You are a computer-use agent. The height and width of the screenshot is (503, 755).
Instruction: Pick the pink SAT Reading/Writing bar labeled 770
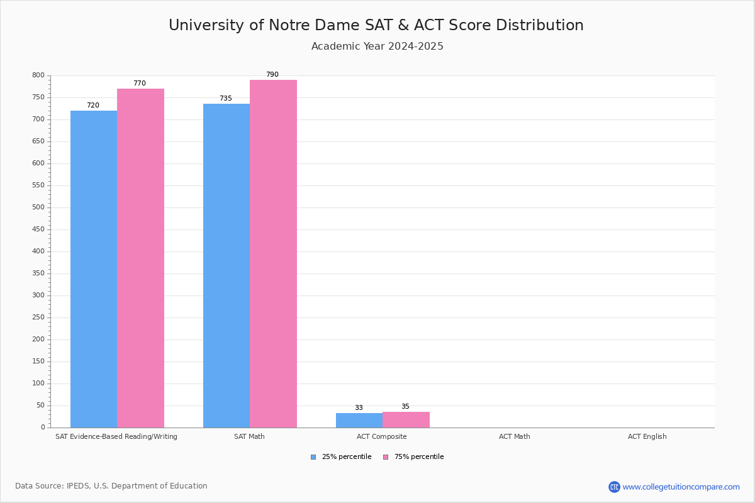pyautogui.click(x=140, y=258)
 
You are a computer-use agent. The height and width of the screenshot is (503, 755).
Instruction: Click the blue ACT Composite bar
pyautogui.click(x=359, y=420)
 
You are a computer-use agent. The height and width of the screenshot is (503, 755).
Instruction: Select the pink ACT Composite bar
pyautogui.click(x=406, y=419)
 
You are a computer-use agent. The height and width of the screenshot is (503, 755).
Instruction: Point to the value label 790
pyautogui.click(x=272, y=75)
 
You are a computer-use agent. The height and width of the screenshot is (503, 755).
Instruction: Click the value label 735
pyautogui.click(x=225, y=99)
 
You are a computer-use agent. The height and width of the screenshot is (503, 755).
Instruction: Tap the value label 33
pyautogui.click(x=359, y=408)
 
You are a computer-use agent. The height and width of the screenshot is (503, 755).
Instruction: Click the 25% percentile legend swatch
pyautogui.click(x=313, y=457)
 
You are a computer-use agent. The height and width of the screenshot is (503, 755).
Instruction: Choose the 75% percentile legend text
pyautogui.click(x=419, y=457)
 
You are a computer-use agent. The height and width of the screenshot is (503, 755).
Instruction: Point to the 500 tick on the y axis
pyautogui.click(x=38, y=207)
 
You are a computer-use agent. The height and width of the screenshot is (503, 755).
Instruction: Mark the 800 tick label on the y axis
pyautogui.click(x=38, y=75)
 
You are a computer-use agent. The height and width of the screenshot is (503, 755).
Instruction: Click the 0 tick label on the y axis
pyautogui.click(x=43, y=428)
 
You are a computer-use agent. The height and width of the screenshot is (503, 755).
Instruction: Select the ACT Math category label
pyautogui.click(x=514, y=436)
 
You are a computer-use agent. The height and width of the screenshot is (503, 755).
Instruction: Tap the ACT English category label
pyautogui.click(x=647, y=436)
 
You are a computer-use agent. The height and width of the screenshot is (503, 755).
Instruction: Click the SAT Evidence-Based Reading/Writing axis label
pyautogui.click(x=116, y=436)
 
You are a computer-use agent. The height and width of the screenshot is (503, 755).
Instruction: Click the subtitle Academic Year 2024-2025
pyautogui.click(x=377, y=47)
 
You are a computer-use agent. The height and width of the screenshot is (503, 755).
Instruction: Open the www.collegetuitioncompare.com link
pyautogui.click(x=681, y=487)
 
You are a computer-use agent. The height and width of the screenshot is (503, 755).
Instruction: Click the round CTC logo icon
pyautogui.click(x=614, y=487)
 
